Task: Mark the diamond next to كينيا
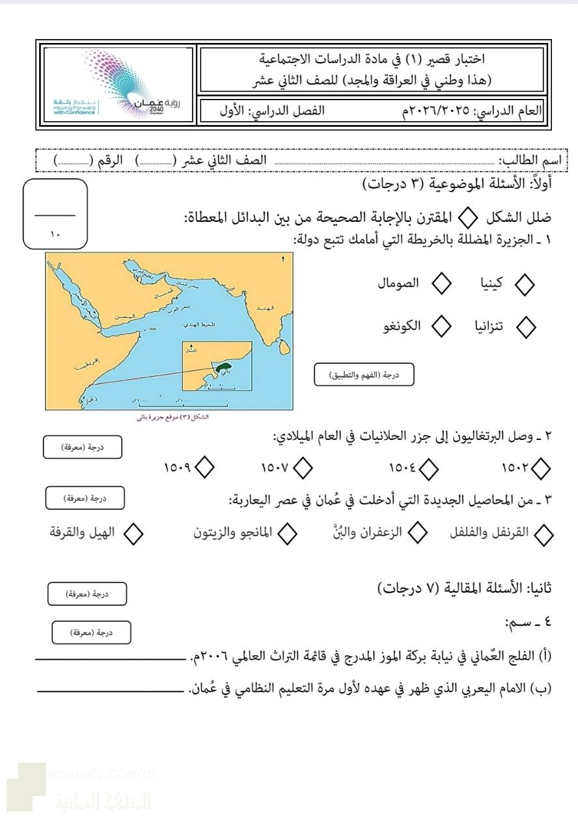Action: pos(525,284)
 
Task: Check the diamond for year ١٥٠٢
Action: pos(540,467)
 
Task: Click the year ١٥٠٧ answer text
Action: pos(275,467)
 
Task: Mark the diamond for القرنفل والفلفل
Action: pos(542,535)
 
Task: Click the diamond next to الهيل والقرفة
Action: pos(133,534)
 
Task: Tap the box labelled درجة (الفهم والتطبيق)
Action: pos(364,374)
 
